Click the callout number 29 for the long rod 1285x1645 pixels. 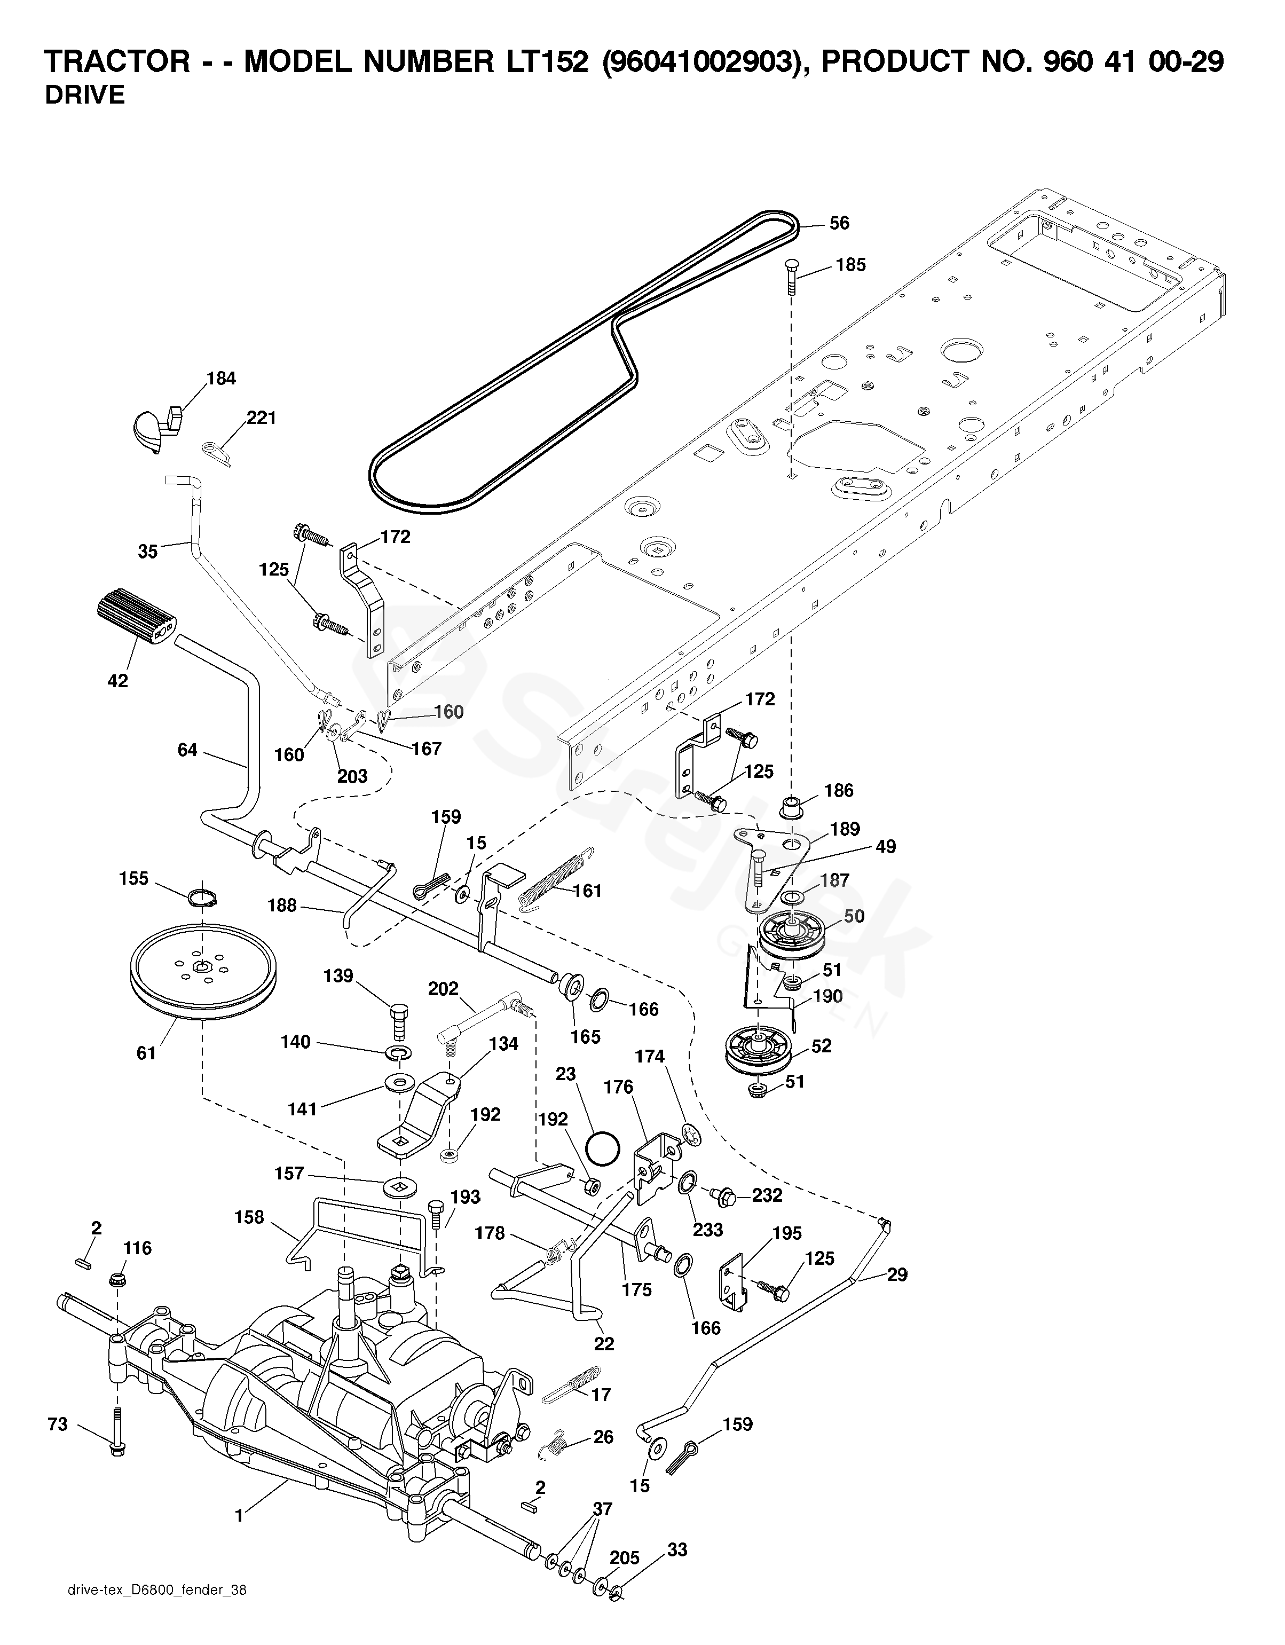(896, 1275)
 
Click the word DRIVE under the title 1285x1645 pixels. (84, 96)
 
